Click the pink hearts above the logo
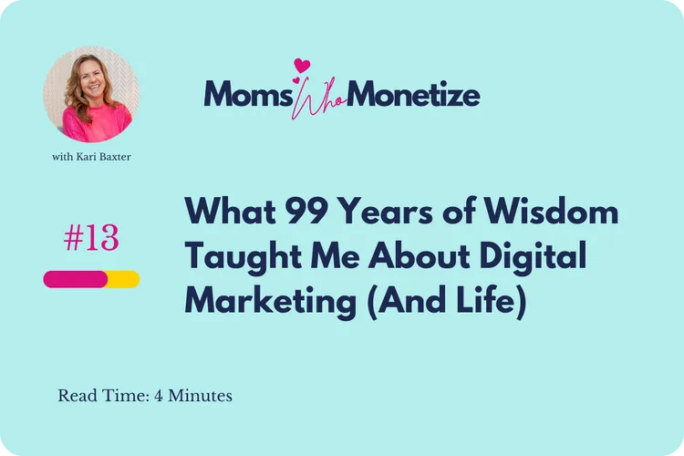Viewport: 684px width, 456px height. (x=302, y=67)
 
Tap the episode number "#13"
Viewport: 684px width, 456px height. (x=91, y=239)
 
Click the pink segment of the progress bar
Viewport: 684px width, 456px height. (x=76, y=279)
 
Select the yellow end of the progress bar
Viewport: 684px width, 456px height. (x=125, y=279)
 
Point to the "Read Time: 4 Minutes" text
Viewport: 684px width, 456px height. (x=145, y=396)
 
